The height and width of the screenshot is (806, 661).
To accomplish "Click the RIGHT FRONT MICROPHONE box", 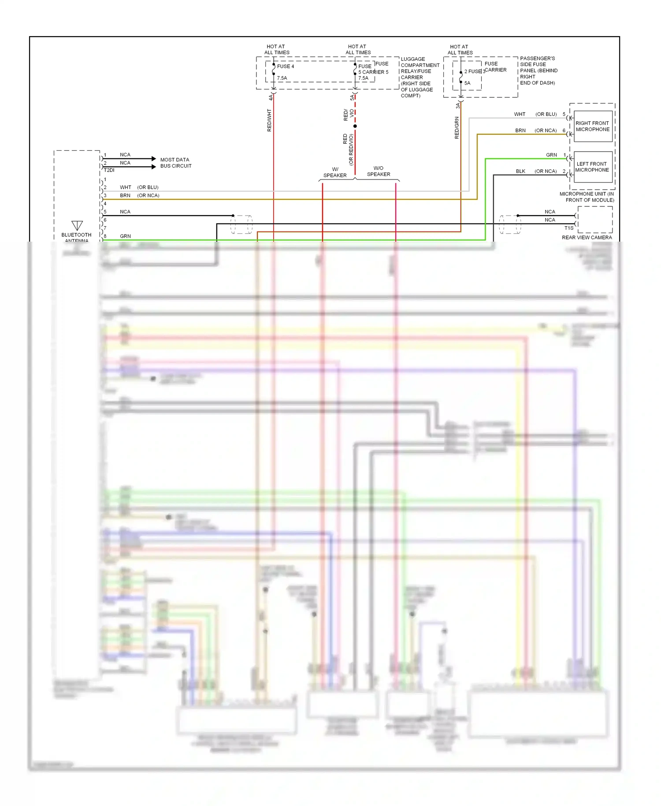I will click(x=593, y=126).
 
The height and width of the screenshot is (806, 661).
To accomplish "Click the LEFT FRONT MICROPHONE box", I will click(x=593, y=167).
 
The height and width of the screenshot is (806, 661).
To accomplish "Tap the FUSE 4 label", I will click(x=286, y=67).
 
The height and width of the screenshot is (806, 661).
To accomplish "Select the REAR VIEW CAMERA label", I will click(x=587, y=237).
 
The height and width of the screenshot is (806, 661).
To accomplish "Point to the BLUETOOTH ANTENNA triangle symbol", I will click(x=77, y=225).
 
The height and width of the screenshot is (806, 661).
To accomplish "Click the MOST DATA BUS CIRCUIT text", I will click(x=176, y=163).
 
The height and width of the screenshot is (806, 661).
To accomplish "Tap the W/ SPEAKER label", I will click(x=335, y=172).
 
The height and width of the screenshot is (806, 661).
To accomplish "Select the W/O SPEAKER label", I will click(x=379, y=171).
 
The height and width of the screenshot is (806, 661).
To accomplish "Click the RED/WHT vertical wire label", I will click(x=269, y=120).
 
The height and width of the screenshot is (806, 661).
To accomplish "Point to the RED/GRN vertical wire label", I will click(x=457, y=128).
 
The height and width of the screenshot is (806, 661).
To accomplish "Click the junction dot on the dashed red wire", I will click(x=355, y=126).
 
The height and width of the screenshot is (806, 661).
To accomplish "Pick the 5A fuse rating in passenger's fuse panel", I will click(x=467, y=83).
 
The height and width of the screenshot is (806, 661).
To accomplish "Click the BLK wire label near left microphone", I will click(x=520, y=171).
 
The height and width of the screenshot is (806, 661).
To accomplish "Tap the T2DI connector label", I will click(x=109, y=170).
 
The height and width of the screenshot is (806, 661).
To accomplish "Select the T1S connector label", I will click(x=569, y=228).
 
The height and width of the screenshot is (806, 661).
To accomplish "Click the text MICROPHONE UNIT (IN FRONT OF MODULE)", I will click(x=587, y=197).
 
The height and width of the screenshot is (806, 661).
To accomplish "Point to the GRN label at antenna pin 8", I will click(x=125, y=236).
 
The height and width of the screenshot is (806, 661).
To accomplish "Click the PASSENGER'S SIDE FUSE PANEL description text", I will click(x=538, y=71).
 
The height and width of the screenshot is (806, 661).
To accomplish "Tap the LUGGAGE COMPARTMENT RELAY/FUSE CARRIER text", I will click(x=420, y=77).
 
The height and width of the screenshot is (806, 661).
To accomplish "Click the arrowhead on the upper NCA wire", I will click(x=153, y=159).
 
